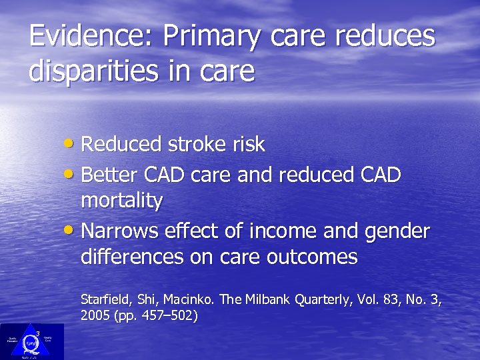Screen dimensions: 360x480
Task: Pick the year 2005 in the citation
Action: point(94,315)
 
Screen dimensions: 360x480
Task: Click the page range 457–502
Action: point(163,315)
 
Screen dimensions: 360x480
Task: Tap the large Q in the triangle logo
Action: point(31,343)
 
